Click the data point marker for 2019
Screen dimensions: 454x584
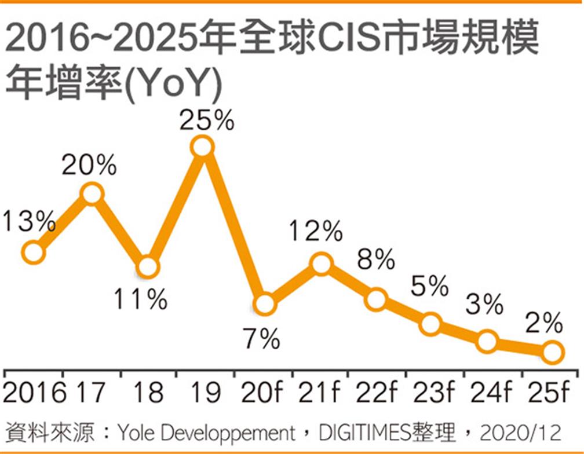[x=203, y=147]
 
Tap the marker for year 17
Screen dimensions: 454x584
[x=92, y=194]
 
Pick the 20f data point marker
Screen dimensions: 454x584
[x=264, y=304]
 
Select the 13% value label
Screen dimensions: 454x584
[x=28, y=221]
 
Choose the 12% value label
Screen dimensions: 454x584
[x=316, y=233]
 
